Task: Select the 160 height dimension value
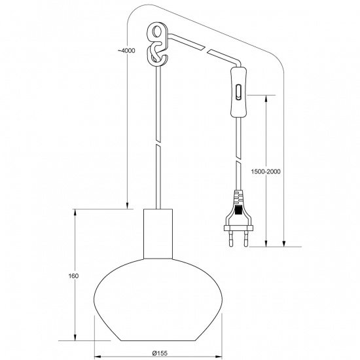coord(73,276)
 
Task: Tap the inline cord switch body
coord(240,91)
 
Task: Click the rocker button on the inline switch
coord(240,90)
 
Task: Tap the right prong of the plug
coord(246,240)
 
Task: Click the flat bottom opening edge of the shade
coord(159,340)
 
